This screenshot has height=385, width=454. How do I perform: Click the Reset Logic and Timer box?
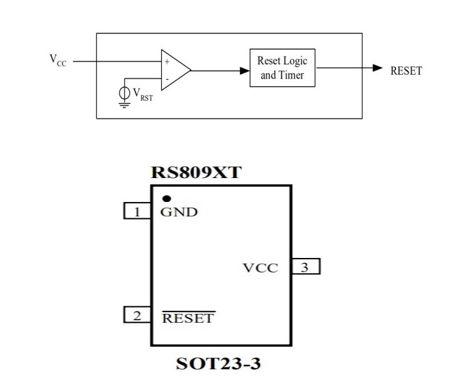tap(282, 68)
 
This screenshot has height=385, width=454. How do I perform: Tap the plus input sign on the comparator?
tap(167, 62)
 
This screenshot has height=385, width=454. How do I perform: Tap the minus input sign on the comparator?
tap(167, 79)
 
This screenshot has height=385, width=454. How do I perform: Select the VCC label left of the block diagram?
tap(57, 61)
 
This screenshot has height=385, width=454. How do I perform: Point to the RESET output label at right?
tap(406, 70)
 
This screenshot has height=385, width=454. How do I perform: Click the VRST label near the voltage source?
tap(142, 94)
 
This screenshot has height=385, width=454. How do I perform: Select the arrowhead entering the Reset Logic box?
tap(245, 70)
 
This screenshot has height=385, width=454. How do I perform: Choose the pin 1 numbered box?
tap(136, 212)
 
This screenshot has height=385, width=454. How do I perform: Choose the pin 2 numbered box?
tap(136, 316)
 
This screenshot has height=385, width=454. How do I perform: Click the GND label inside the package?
tap(179, 212)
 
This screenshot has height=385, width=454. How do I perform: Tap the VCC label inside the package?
tap(260, 267)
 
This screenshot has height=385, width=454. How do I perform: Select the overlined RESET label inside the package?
tap(188, 318)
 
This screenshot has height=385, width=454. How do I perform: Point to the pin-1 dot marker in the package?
tap(166, 199)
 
